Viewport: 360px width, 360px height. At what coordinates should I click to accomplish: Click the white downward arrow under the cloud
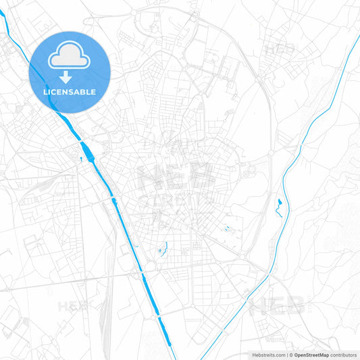70,77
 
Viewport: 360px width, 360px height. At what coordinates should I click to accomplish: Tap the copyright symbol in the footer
291,355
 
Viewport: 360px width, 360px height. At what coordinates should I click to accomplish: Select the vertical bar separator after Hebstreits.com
286,355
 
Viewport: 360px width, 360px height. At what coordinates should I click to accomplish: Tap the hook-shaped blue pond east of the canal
162,251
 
